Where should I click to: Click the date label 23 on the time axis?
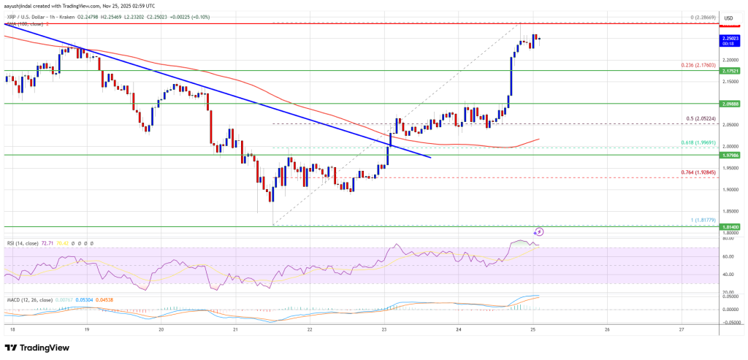click(x=384, y=329)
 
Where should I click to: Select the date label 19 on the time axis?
click(x=86, y=329)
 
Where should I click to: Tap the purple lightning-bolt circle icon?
click(x=539, y=231)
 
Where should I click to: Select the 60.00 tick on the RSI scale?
click(x=728, y=256)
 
